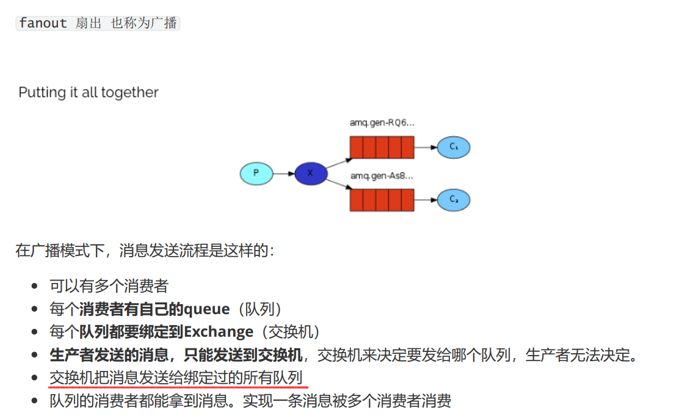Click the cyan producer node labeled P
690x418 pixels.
click(256, 174)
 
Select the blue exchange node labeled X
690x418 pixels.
click(311, 174)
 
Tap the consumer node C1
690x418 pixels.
click(453, 147)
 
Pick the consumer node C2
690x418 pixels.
click(453, 200)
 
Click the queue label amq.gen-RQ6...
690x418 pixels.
click(382, 123)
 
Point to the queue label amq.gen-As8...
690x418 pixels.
click(382, 176)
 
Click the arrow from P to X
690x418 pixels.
click(283, 174)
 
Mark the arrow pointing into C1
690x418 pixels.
click(426, 147)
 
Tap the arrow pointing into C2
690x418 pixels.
click(426, 200)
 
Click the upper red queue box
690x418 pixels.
click(382, 147)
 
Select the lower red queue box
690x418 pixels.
click(382, 200)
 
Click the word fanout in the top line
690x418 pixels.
click(43, 23)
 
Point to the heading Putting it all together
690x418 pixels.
click(89, 92)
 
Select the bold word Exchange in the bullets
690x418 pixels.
click(219, 332)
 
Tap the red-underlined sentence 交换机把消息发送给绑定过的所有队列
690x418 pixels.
click(176, 378)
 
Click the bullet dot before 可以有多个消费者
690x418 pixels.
click(35, 286)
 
